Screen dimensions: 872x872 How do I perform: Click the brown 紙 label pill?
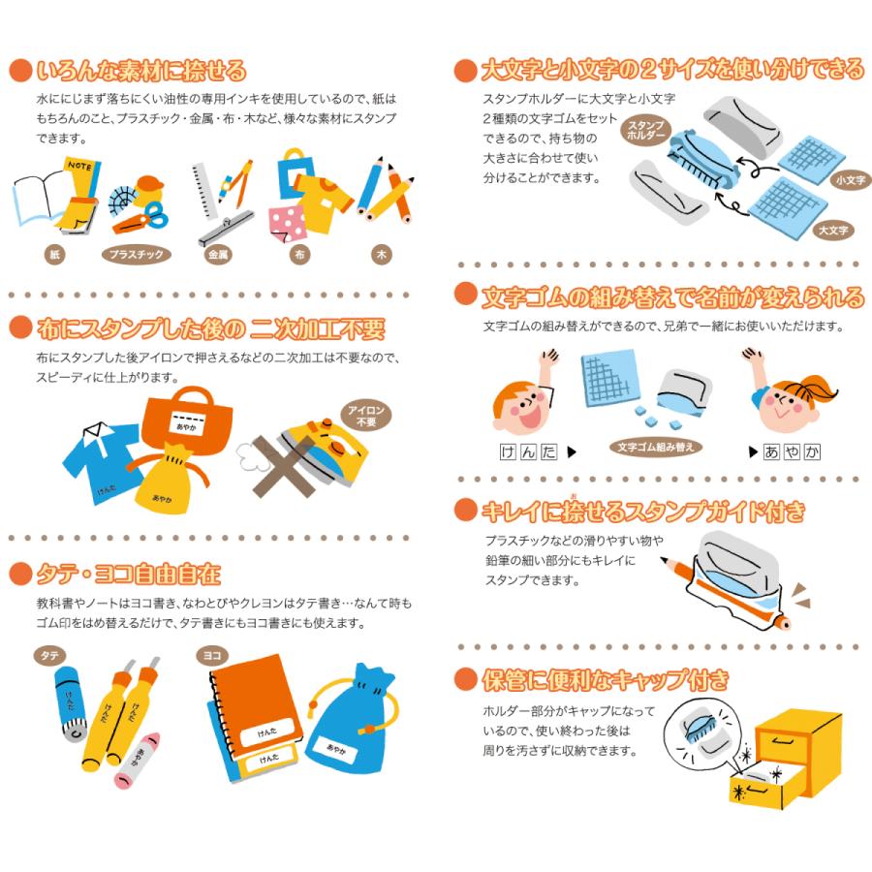(x=55, y=255)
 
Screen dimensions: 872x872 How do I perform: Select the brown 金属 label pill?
(x=218, y=255)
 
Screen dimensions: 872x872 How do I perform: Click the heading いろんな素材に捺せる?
(x=140, y=71)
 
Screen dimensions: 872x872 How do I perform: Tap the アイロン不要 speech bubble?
(x=367, y=417)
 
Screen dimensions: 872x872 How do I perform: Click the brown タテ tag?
(x=48, y=656)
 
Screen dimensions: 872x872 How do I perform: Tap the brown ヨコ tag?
(x=209, y=656)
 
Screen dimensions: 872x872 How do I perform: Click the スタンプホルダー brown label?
(x=645, y=131)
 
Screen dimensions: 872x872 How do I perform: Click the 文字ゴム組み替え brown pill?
(x=659, y=448)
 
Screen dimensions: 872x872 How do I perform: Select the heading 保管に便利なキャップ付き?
(x=605, y=680)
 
